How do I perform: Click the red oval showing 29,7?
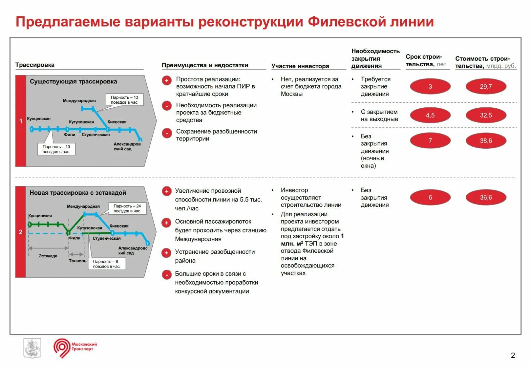486,87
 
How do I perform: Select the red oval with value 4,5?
430,116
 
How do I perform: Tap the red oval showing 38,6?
486,141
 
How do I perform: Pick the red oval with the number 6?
430,198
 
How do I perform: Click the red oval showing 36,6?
486,198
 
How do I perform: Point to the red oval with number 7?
430,141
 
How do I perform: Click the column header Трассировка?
35,65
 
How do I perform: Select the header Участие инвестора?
300,66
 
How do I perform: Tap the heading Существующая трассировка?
73,81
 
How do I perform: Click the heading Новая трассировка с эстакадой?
78,193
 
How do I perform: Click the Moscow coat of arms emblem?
32,348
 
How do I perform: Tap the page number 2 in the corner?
513,355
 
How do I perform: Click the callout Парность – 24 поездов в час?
127,208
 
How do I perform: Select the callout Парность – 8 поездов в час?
106,264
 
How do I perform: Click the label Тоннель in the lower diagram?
78,261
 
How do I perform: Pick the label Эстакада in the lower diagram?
48,256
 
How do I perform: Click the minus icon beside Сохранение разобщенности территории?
167,133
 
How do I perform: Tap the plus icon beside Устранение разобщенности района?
166,253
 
